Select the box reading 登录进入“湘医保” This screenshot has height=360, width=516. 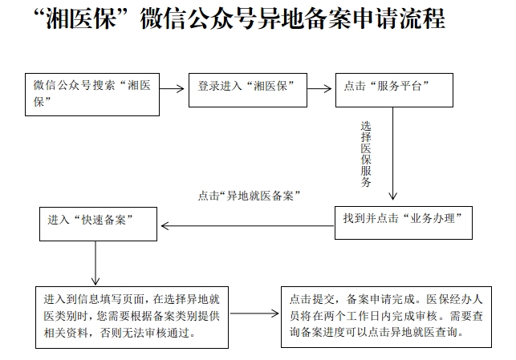click(x=248, y=90)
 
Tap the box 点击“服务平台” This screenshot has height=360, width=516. click(x=394, y=90)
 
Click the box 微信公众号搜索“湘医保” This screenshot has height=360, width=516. click(x=92, y=95)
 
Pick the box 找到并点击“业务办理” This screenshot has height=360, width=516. click(x=404, y=223)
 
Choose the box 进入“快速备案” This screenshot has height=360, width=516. click(x=98, y=224)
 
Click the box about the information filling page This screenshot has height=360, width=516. click(x=132, y=318)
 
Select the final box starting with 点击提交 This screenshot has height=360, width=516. click(x=386, y=317)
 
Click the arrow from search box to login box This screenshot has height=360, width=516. click(x=172, y=88)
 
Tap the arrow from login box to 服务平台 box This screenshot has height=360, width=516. click(x=319, y=88)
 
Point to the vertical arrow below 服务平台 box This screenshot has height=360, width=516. click(x=392, y=153)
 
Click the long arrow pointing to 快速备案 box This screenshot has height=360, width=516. click(x=247, y=226)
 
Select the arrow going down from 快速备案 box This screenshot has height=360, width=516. click(x=95, y=263)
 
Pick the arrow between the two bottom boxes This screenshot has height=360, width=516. click(x=254, y=313)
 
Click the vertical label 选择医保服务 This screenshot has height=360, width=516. click(x=366, y=154)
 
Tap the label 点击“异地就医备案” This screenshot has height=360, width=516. click(x=249, y=196)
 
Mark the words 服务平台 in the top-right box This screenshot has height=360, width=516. click(x=399, y=86)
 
